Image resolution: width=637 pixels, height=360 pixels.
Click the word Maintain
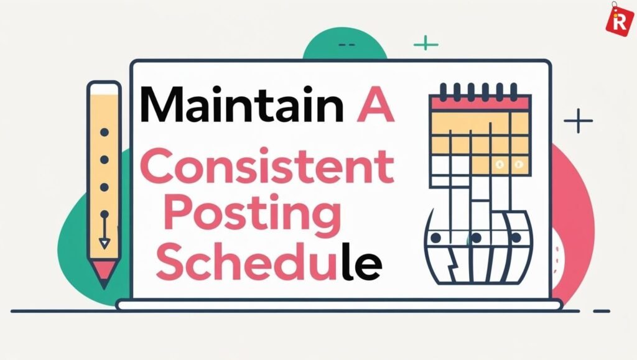(x=242, y=104)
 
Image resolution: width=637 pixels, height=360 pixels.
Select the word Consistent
(x=267, y=167)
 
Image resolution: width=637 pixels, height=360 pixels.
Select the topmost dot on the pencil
(x=105, y=132)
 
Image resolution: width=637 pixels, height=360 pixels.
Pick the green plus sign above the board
(x=425, y=43)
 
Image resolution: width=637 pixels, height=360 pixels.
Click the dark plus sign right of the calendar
(x=578, y=121)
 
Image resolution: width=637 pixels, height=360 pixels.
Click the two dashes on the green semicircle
(x=346, y=45)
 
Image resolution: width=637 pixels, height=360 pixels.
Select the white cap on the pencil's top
(x=105, y=88)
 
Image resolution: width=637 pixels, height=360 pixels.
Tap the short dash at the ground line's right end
(x=602, y=312)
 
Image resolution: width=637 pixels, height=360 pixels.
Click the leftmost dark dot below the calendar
(x=435, y=238)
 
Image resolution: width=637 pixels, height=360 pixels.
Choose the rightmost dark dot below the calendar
(x=516, y=238)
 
